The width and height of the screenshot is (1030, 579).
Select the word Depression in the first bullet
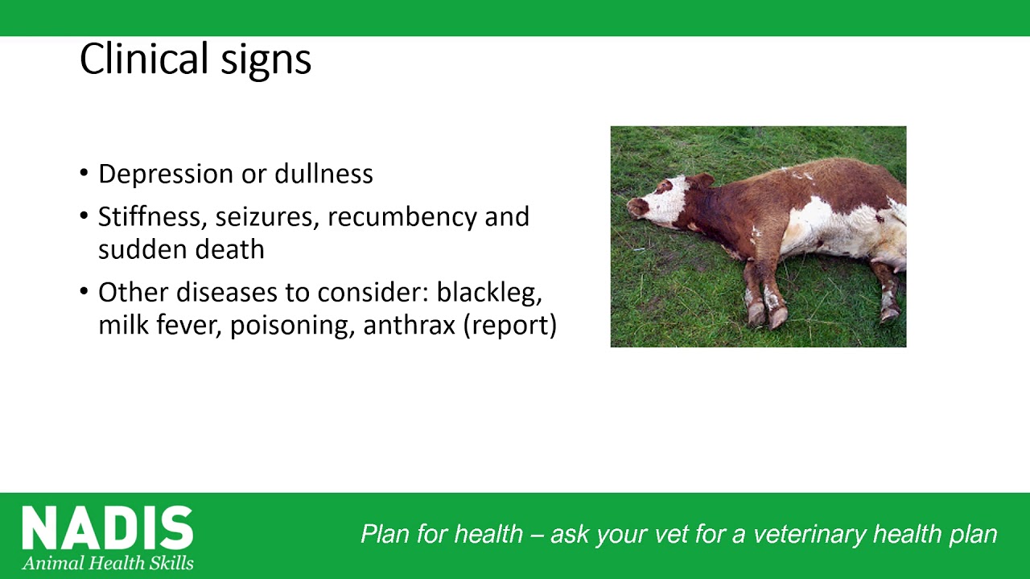[x=166, y=175]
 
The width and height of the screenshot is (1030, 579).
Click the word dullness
[x=323, y=174]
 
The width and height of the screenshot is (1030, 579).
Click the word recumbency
[x=402, y=218]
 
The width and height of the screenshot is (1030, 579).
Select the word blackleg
[x=489, y=294]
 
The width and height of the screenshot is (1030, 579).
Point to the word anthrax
[x=410, y=326]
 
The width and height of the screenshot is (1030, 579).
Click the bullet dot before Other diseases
[x=84, y=291]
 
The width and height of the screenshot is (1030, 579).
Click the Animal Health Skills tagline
[x=108, y=563]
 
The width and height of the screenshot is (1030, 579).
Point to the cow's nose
[x=634, y=207]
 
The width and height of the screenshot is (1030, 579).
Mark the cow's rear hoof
[x=889, y=314]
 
